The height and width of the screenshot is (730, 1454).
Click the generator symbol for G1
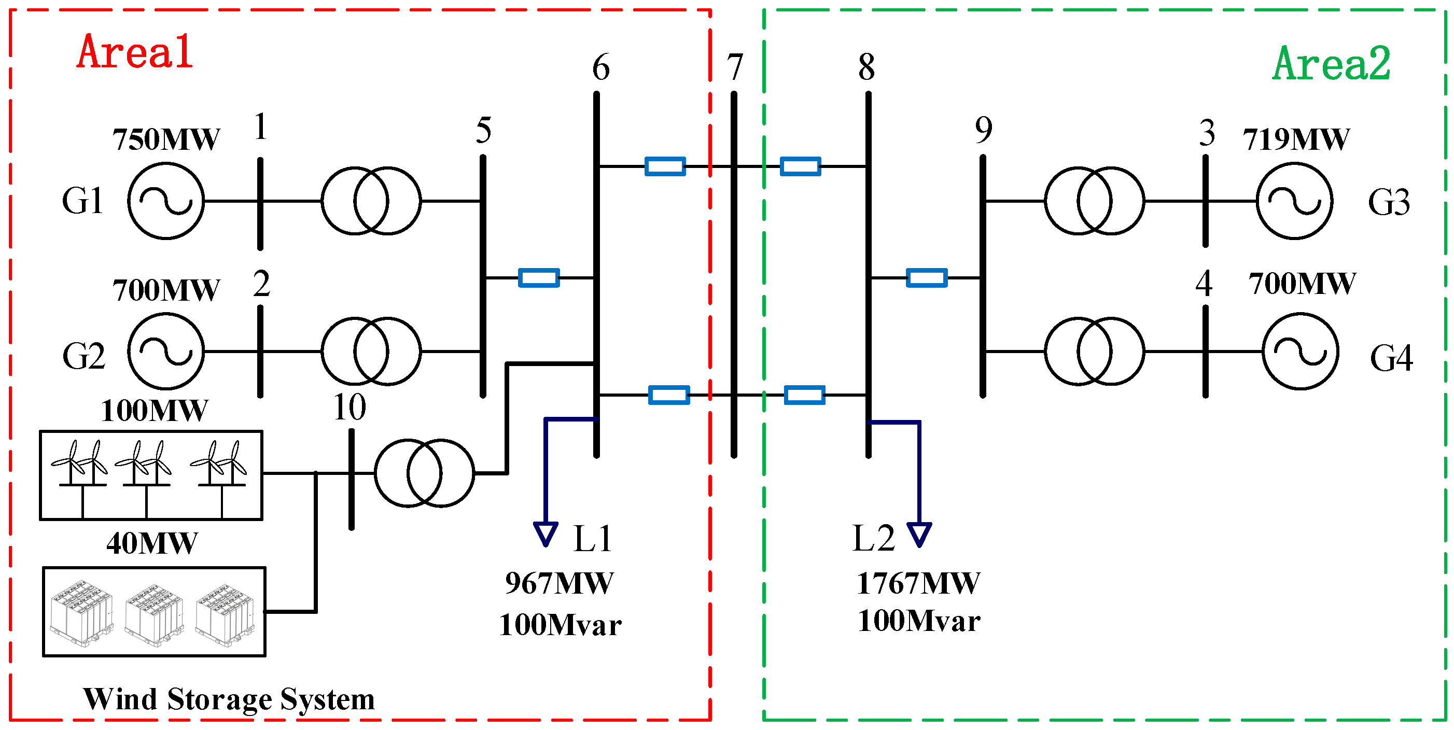pos(165,201)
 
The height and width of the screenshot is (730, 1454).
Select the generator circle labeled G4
pos(1300,352)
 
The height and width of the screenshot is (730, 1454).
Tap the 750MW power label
pos(166,139)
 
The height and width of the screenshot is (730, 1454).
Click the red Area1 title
pos(135,52)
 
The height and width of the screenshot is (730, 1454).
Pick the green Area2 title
pos(1332,64)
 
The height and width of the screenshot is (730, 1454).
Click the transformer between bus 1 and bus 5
pos(371,201)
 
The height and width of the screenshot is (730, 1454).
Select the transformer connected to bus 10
pos(424,473)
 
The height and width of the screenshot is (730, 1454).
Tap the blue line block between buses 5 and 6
pos(538,277)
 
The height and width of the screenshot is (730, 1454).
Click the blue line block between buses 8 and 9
pos(926,277)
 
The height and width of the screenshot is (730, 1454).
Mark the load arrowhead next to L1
pos(546,533)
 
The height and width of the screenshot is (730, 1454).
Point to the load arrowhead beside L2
pos(919,534)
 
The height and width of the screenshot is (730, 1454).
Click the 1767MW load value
pos(918,583)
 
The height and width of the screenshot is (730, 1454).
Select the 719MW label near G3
pos(1296,139)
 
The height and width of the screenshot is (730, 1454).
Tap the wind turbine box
pos(151,475)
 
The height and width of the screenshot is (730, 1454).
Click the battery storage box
pos(154,611)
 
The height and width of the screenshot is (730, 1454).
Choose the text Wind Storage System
pos(229,699)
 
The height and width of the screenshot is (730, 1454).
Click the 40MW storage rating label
pos(152,543)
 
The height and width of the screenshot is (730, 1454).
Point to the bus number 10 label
pos(349,407)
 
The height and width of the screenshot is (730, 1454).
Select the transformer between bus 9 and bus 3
pos(1094,201)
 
